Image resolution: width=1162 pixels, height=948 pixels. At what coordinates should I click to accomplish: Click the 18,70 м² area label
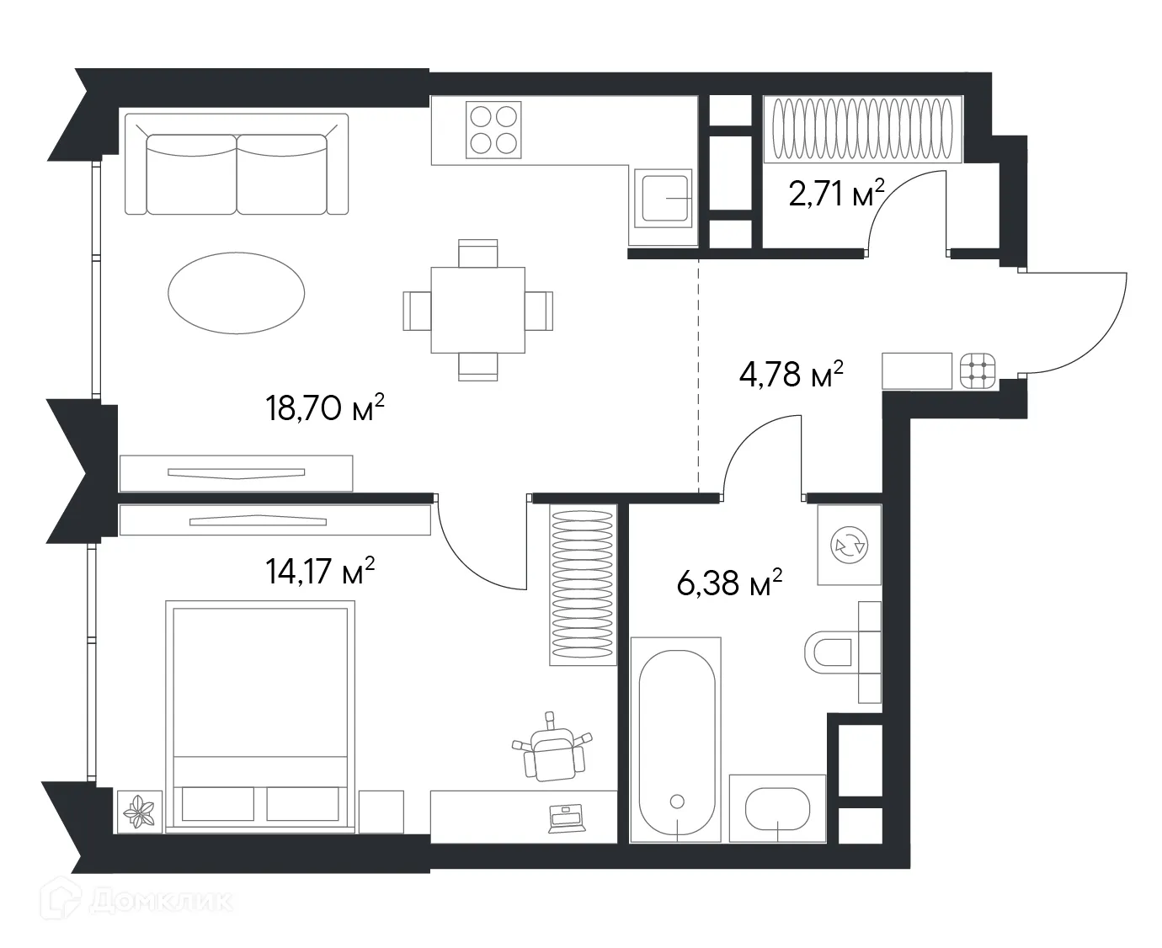coord(325,408)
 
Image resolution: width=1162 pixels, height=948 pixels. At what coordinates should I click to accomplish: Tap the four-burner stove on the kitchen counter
coord(493,130)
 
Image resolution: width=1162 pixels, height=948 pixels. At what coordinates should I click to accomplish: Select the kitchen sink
coord(664,198)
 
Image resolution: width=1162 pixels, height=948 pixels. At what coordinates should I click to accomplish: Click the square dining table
coord(477,310)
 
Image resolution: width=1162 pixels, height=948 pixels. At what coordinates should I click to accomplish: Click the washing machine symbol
coord(849,546)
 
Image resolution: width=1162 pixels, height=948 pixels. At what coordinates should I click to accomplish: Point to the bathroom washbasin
coord(777,809)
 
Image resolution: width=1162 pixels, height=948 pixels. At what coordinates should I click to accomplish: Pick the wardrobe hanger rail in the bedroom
coord(582,585)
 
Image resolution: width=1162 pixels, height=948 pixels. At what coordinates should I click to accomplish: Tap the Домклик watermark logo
coord(139,903)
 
